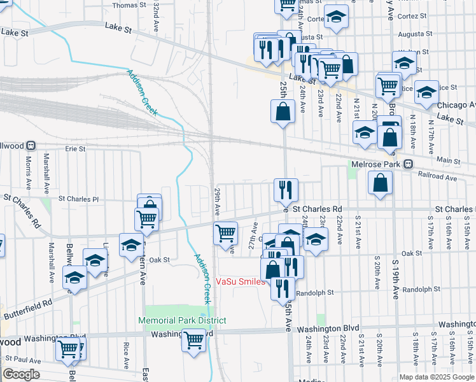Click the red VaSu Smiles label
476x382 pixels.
coord(241,281)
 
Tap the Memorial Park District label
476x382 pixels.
coord(183,320)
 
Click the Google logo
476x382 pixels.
coord(21,374)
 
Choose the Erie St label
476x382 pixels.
coord(75,148)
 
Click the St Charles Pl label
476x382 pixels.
coord(79,199)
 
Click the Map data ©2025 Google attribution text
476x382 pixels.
coord(436,376)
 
